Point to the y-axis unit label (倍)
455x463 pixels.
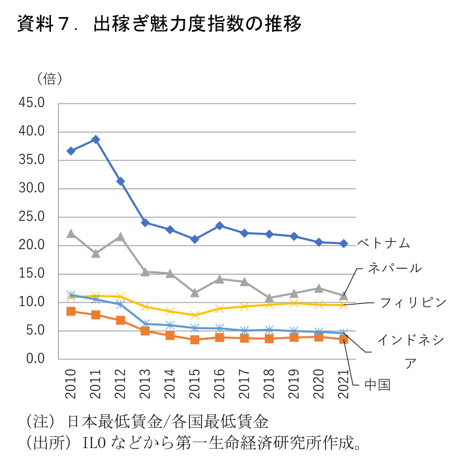(50, 79)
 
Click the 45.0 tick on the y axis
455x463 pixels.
(31, 103)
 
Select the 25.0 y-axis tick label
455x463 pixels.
(31, 217)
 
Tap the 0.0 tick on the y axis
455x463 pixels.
(35, 359)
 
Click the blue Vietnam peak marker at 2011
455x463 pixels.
(96, 139)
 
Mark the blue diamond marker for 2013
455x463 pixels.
(146, 222)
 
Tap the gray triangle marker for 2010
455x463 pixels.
(71, 233)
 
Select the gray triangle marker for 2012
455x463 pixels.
(121, 237)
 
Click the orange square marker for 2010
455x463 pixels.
(71, 311)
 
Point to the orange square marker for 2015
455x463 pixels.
(195, 340)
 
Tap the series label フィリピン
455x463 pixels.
(413, 303)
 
